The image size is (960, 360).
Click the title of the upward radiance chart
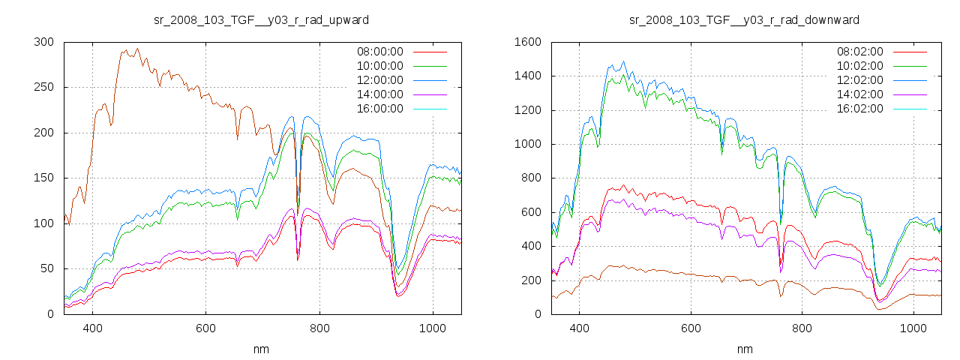[261, 19]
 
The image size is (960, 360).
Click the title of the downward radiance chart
[744, 19]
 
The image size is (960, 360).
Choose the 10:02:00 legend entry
[859, 66]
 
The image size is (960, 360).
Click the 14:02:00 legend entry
[859, 94]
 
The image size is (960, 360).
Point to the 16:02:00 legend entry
[859, 109]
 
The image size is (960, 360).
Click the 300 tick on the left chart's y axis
[43, 42]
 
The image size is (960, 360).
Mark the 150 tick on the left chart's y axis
[43, 178]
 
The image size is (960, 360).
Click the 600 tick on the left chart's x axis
[206, 328]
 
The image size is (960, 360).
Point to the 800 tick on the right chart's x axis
[802, 328]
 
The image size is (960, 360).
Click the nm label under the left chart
[262, 349]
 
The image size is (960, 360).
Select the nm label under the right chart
[745, 349]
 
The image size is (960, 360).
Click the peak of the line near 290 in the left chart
[137, 49]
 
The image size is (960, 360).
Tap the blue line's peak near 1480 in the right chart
[623, 61]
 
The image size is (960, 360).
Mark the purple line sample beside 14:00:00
[430, 94]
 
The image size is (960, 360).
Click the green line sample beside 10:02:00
[912, 66]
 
